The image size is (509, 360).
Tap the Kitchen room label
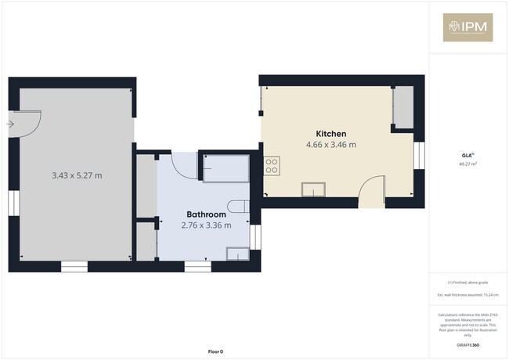click(330, 134)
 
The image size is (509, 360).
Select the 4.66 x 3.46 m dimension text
click(330, 145)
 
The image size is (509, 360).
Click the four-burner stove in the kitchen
click(272, 165)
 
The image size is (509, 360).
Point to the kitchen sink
click(314, 189)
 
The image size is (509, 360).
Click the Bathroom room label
click(206, 214)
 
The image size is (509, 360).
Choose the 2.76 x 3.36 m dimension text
click(206, 225)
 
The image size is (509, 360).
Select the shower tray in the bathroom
click(226, 167)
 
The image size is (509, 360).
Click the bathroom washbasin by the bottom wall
click(236, 253)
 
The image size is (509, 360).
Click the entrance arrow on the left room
click(10, 124)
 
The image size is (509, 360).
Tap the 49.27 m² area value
click(467, 164)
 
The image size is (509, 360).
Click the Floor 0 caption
click(215, 350)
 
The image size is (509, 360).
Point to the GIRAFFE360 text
click(467, 345)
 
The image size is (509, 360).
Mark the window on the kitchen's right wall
click(419, 154)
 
